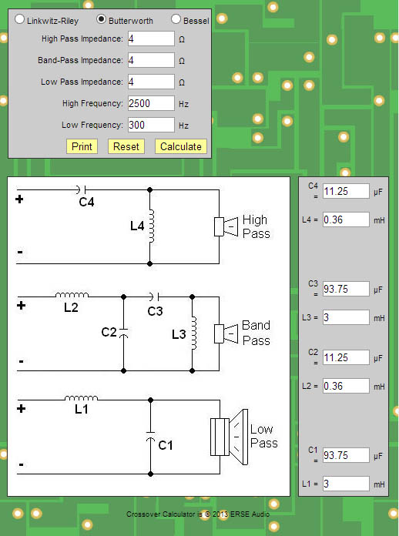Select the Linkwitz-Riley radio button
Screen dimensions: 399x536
[x=19, y=19]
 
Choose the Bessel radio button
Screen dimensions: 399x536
[x=176, y=19]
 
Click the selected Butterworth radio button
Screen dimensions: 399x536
[x=101, y=19]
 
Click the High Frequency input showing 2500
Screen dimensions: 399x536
[x=151, y=103]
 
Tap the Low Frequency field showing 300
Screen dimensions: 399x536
[x=151, y=125]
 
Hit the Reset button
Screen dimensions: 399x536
[x=126, y=146]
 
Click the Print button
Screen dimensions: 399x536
[x=82, y=146]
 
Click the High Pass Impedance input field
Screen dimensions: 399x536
[x=151, y=39]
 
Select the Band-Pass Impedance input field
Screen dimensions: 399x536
[x=151, y=60]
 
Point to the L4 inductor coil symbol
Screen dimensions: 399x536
[x=152, y=226]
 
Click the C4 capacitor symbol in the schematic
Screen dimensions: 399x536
[x=81, y=189]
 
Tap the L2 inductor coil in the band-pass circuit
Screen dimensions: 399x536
[x=72, y=295]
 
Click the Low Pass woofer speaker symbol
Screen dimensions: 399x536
[x=229, y=437]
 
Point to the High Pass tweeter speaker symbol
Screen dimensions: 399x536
[x=226, y=226]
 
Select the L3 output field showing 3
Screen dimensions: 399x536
[x=346, y=317]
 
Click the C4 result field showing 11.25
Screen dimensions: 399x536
[x=346, y=191]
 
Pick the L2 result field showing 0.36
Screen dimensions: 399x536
[x=346, y=386]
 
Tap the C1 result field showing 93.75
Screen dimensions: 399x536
[x=346, y=455]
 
